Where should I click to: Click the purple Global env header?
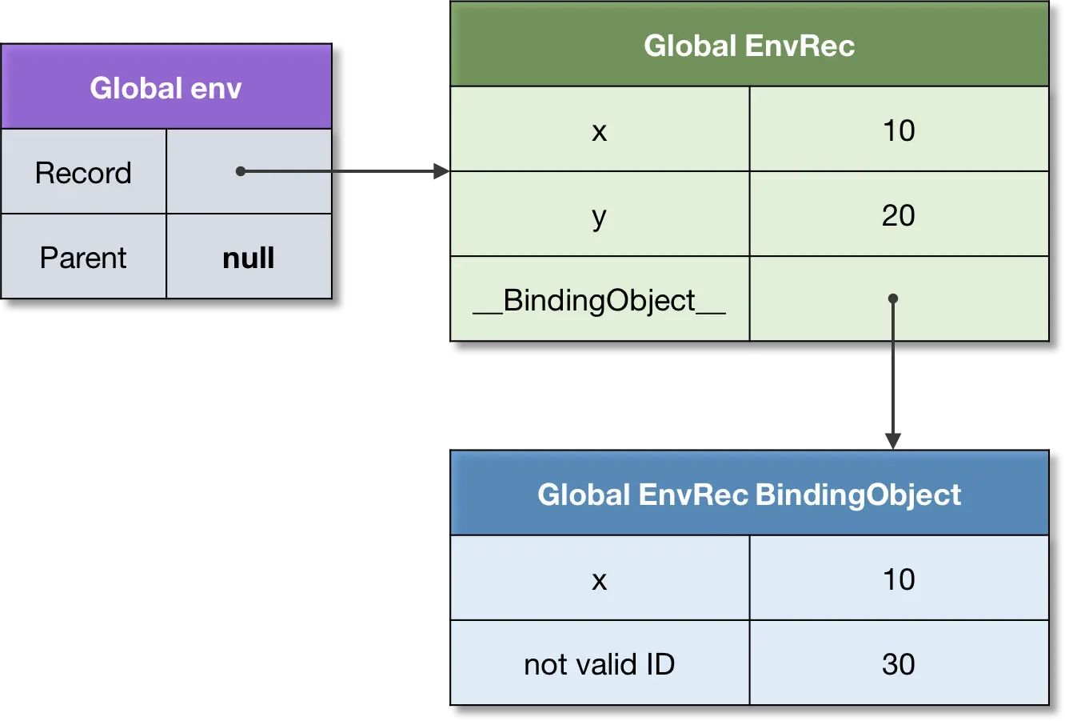point(166,87)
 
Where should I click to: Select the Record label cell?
point(83,173)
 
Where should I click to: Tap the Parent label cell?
point(83,258)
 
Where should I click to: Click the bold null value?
point(249,258)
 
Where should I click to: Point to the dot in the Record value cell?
point(240,171)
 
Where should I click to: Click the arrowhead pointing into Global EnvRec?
point(438,171)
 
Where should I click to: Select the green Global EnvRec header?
point(749,46)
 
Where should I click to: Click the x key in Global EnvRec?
point(600,130)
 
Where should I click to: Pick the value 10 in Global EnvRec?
point(899,130)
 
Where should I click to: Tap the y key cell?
point(600,215)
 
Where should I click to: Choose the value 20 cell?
point(899,215)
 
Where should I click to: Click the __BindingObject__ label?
point(600,301)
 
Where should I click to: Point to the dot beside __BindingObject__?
point(893,298)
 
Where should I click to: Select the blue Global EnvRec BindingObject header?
point(749,494)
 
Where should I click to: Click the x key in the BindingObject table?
point(600,579)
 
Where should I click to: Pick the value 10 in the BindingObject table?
point(899,579)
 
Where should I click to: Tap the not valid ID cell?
point(600,664)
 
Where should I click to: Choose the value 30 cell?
point(899,664)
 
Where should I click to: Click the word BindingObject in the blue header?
point(858,495)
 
